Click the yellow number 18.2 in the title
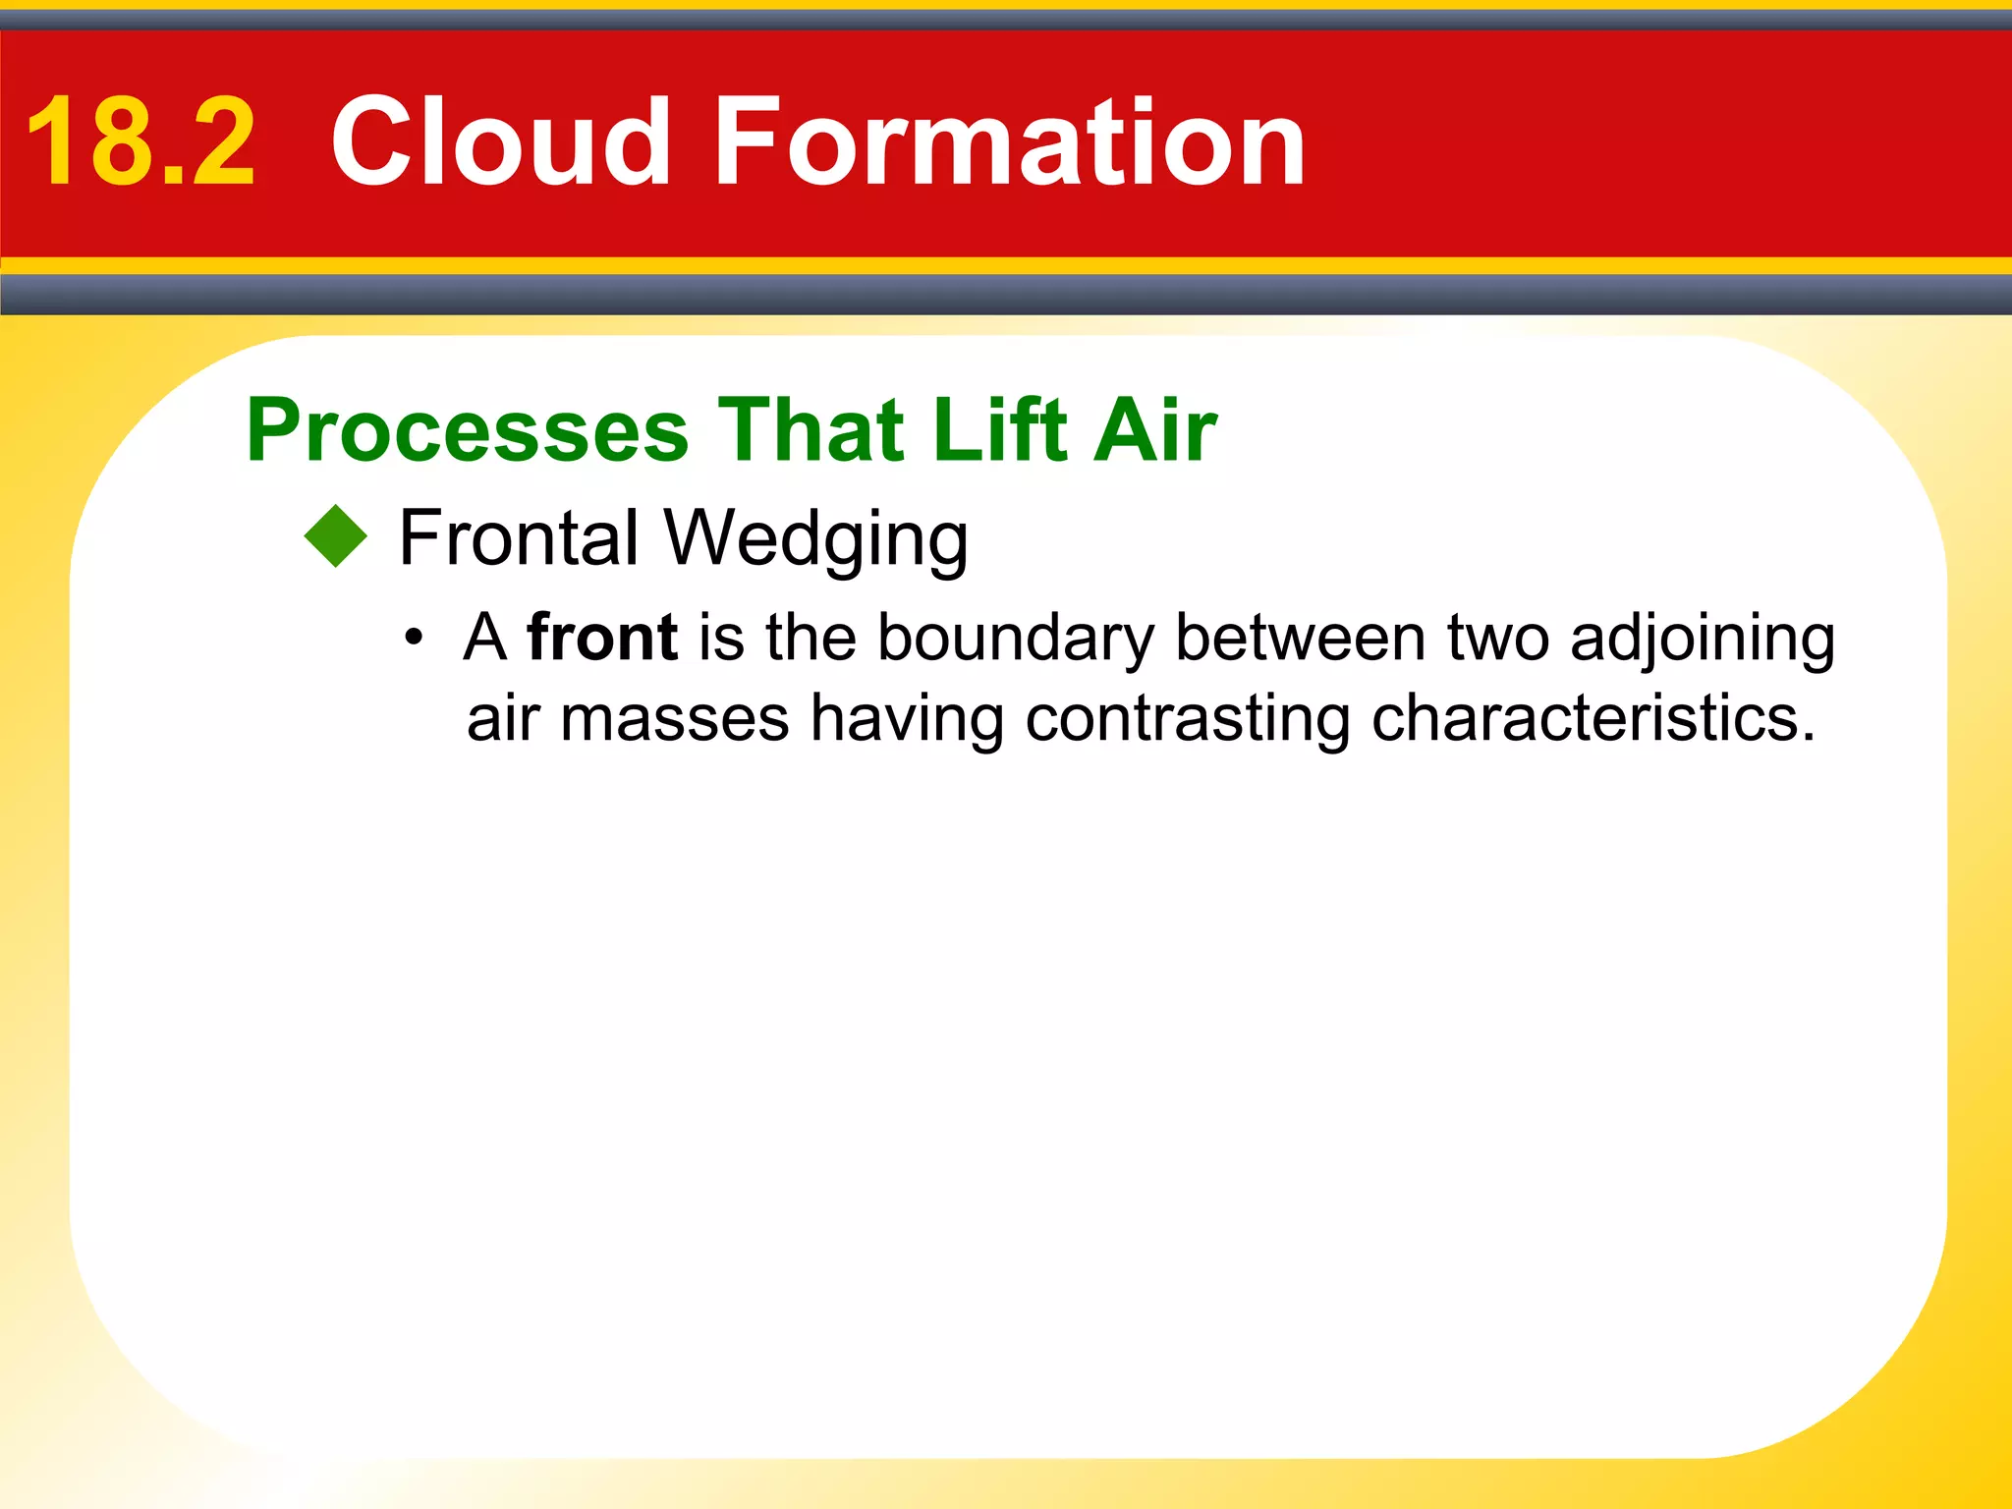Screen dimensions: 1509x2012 pyautogui.click(x=141, y=142)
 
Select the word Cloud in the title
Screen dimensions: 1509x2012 pyautogui.click(x=501, y=142)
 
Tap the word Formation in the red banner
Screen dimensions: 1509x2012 pyautogui.click(x=1010, y=142)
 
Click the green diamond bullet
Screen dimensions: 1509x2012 pyautogui.click(x=335, y=536)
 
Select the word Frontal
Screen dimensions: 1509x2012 pyautogui.click(x=519, y=538)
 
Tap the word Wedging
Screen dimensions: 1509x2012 pyautogui.click(x=815, y=540)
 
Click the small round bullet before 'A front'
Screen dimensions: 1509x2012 pyautogui.click(x=414, y=638)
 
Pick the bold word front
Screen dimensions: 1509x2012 pyautogui.click(x=601, y=638)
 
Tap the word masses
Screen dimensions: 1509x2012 pyautogui.click(x=674, y=718)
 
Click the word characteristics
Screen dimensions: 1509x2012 pyautogui.click(x=1592, y=718)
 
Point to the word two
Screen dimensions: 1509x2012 pyautogui.click(x=1497, y=638)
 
